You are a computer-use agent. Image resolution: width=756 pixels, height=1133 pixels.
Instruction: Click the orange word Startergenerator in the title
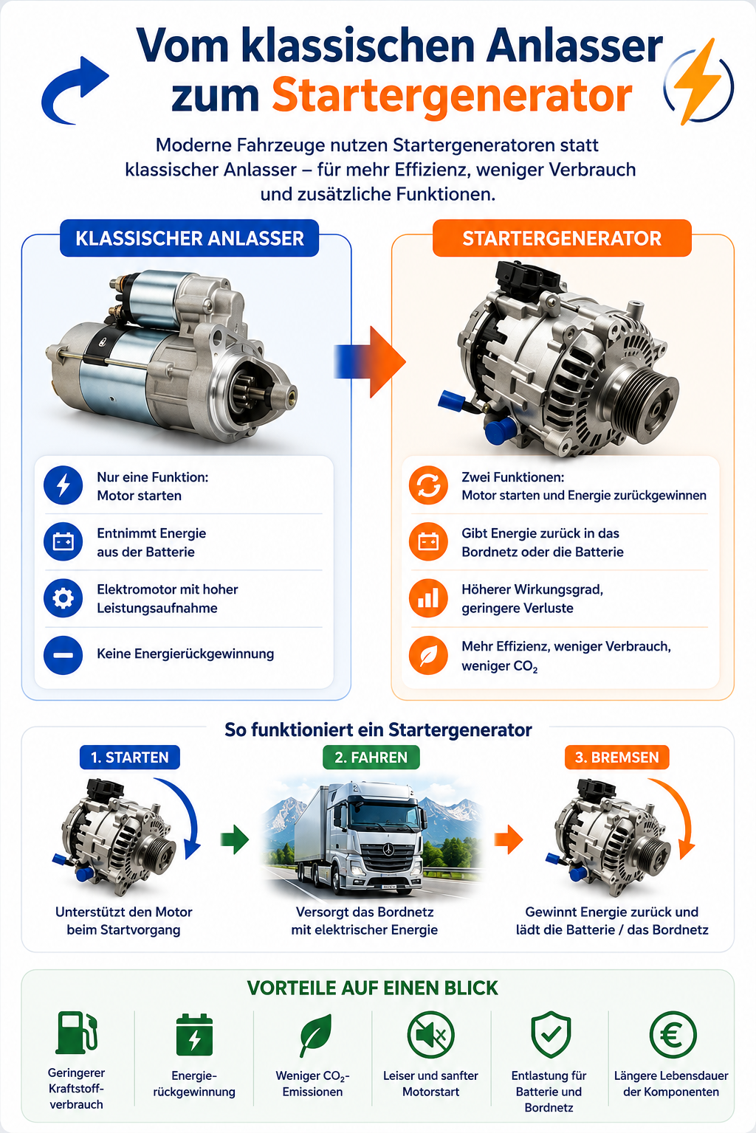(452, 96)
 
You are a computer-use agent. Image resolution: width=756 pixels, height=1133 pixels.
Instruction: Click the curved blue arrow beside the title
(74, 91)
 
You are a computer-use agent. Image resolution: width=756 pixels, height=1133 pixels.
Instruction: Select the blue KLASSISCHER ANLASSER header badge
(190, 238)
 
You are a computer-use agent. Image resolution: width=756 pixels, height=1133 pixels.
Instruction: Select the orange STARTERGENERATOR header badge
(562, 238)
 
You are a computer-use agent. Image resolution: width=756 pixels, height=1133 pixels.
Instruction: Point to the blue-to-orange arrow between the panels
(370, 361)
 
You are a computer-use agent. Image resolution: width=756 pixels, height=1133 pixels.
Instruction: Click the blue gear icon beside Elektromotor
(63, 598)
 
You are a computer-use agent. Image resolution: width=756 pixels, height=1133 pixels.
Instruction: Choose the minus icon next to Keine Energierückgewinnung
(63, 655)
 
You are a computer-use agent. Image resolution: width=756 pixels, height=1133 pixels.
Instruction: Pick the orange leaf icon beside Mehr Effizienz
(428, 656)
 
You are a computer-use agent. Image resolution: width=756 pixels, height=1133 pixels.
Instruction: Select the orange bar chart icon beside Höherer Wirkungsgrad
(428, 598)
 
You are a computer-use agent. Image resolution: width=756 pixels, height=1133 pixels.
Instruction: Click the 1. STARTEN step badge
(130, 758)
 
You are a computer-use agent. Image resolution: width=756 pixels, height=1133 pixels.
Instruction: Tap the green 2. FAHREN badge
(371, 758)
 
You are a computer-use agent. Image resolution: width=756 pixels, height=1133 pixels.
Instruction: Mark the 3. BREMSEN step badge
(616, 758)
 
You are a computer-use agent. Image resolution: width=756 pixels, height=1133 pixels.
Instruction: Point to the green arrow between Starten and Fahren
(235, 839)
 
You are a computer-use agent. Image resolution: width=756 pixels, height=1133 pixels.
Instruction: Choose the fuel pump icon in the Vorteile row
(77, 1033)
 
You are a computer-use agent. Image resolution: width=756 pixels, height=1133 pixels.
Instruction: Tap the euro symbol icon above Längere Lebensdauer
(673, 1034)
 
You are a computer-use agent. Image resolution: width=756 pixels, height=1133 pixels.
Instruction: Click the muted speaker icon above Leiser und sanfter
(431, 1034)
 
